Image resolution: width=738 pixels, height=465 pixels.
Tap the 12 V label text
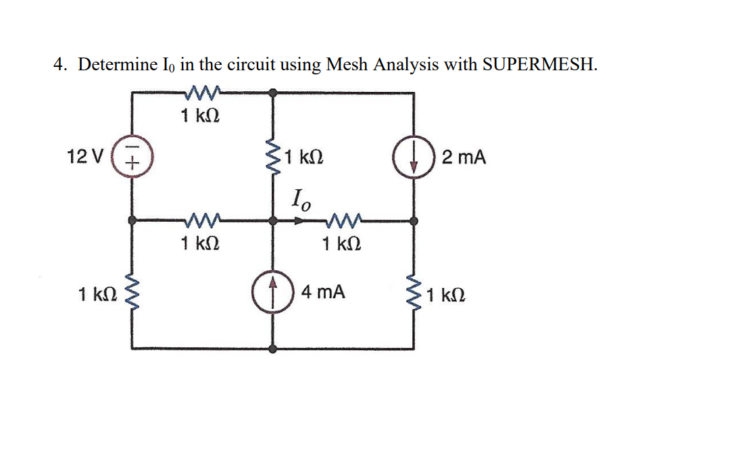click(84, 158)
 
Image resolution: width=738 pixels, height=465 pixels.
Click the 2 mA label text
click(463, 158)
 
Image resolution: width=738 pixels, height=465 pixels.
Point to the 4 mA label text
click(323, 293)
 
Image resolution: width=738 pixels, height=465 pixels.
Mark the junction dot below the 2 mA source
click(414, 220)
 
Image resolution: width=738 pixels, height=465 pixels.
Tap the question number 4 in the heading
click(59, 65)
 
